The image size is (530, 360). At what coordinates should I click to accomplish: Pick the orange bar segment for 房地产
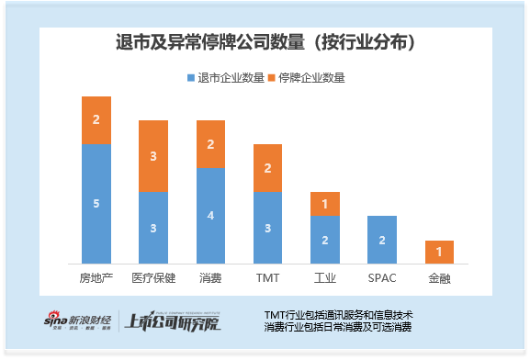pyautogui.click(x=96, y=120)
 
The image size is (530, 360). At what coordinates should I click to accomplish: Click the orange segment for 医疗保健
pyautogui.click(x=152, y=156)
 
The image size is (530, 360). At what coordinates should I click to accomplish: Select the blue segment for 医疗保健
pyautogui.click(x=152, y=228)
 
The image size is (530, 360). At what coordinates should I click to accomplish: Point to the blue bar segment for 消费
pyautogui.click(x=210, y=216)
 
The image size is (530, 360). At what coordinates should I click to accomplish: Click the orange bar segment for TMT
pyautogui.click(x=267, y=168)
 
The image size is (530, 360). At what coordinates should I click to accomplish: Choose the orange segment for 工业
pyautogui.click(x=324, y=204)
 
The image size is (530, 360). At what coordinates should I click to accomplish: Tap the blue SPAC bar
pyautogui.click(x=381, y=240)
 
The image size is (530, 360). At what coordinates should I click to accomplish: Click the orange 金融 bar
pyautogui.click(x=439, y=252)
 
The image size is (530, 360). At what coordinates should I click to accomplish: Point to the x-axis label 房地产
pyautogui.click(x=96, y=276)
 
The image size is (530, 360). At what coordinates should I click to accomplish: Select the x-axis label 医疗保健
pyautogui.click(x=152, y=276)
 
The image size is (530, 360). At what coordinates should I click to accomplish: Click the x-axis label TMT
pyautogui.click(x=267, y=276)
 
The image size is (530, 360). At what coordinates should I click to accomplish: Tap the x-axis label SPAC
pyautogui.click(x=381, y=276)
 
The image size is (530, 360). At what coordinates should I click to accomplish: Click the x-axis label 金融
pyautogui.click(x=439, y=276)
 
